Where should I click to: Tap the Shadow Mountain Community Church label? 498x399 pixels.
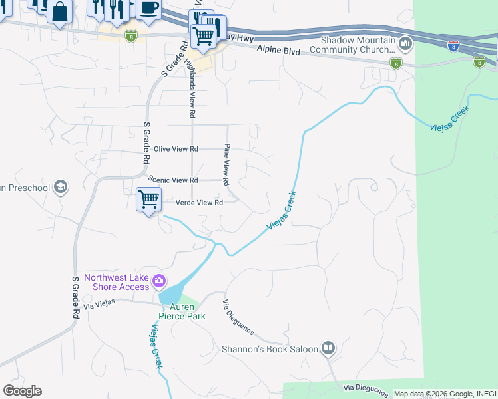pos(358,45)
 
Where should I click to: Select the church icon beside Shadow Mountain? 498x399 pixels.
pos(405,45)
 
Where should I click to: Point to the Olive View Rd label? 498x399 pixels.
pos(176,149)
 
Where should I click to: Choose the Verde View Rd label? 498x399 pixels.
pos(198,203)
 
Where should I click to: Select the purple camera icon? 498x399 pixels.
pos(159,281)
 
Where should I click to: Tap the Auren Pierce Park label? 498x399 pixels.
pos(182,311)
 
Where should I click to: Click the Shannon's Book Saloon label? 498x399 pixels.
pos(270,348)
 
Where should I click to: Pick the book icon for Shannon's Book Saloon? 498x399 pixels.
pos(328,348)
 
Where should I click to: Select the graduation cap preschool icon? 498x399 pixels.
pos(61,187)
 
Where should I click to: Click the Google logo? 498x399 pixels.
pos(22,391)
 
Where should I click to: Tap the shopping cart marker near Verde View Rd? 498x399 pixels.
pos(148,199)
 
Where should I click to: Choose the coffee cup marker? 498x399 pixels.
pos(148,8)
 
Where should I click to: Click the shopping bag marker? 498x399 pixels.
pos(60,11)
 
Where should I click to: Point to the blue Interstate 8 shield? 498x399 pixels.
pos(453,46)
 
